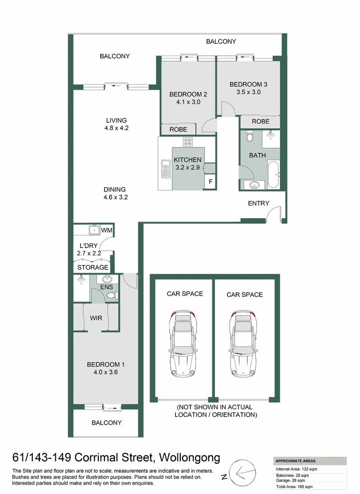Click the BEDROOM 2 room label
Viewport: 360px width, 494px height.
click(188, 94)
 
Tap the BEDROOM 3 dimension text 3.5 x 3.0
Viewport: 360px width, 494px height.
click(248, 92)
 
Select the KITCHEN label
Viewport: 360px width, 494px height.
click(188, 160)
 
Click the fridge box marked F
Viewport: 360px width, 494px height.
click(210, 182)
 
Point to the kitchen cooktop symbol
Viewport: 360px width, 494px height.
click(187, 141)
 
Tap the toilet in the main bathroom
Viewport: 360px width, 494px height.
click(249, 136)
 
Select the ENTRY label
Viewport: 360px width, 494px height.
click(258, 203)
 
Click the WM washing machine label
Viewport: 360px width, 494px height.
click(107, 230)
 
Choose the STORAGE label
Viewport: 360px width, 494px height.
click(92, 267)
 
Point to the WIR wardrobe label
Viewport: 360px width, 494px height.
click(96, 317)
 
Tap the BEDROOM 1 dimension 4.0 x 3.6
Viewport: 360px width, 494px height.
click(106, 372)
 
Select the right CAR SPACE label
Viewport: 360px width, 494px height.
click(245, 295)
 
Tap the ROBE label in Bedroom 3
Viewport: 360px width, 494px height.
click(260, 121)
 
